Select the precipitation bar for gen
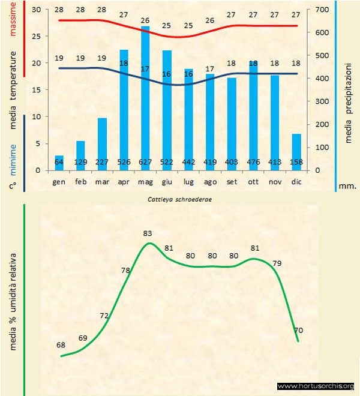[x=59, y=163]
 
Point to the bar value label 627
[x=145, y=163]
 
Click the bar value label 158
[x=296, y=163]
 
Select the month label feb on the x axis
[x=81, y=181]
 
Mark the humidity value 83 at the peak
[x=148, y=233]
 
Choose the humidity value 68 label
[x=61, y=344]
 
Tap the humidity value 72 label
[x=104, y=316]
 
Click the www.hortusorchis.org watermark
[x=316, y=386]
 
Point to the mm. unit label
[x=348, y=186]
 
